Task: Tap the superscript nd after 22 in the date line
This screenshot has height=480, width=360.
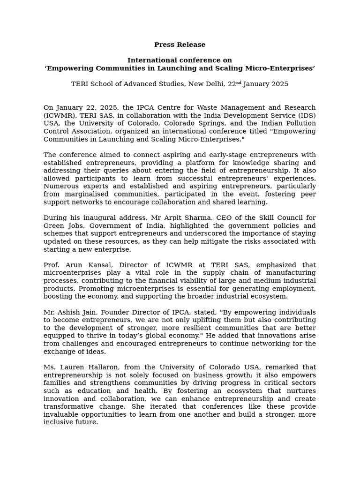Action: tap(239, 82)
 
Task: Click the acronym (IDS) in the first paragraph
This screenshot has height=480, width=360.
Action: tap(306, 116)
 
